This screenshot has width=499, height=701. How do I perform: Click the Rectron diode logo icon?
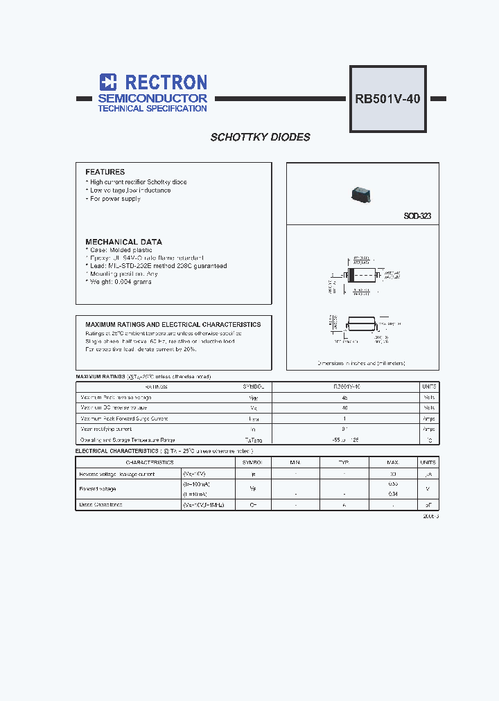(x=107, y=82)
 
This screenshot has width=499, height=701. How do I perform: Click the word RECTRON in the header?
(x=162, y=82)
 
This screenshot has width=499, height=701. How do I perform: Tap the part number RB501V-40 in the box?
(x=387, y=98)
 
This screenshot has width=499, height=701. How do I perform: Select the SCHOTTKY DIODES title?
(x=260, y=137)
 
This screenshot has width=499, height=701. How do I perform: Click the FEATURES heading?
(x=105, y=172)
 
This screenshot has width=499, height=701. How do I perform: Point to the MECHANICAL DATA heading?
(x=123, y=242)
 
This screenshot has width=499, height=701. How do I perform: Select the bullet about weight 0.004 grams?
(x=119, y=282)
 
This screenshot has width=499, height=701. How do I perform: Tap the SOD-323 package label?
(x=417, y=216)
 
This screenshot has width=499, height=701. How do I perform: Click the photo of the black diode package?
(x=360, y=193)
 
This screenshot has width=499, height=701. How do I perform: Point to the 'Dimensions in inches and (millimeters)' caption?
(x=361, y=363)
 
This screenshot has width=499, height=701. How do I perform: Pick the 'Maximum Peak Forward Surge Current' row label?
(x=124, y=418)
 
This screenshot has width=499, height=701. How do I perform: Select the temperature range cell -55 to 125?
(x=344, y=440)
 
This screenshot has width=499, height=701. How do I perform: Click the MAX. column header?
(x=393, y=462)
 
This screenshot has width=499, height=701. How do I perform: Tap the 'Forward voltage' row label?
(x=98, y=488)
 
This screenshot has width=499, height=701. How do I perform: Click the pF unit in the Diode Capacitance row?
(x=428, y=505)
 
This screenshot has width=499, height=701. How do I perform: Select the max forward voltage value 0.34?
(x=393, y=493)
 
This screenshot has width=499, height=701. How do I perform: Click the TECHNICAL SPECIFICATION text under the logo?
(x=152, y=109)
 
